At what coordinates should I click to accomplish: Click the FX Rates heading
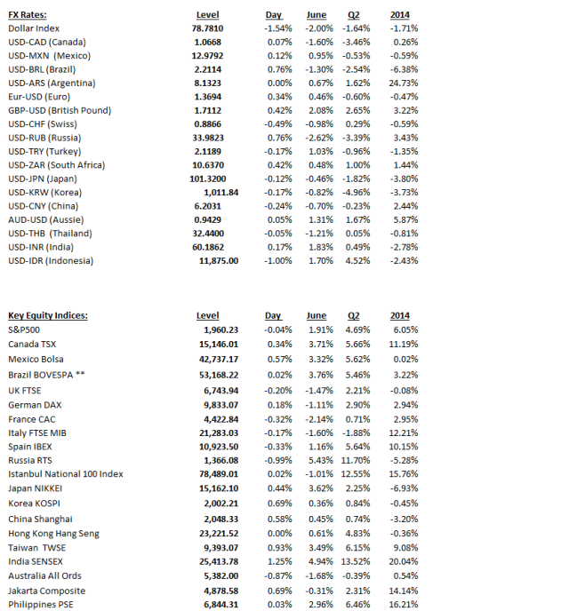[28, 15]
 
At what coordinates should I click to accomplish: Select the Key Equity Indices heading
[48, 315]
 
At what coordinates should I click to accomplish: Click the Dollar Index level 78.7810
[207, 28]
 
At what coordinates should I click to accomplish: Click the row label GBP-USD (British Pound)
[60, 110]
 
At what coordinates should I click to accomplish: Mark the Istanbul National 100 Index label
[66, 474]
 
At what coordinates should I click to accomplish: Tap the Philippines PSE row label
[41, 605]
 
